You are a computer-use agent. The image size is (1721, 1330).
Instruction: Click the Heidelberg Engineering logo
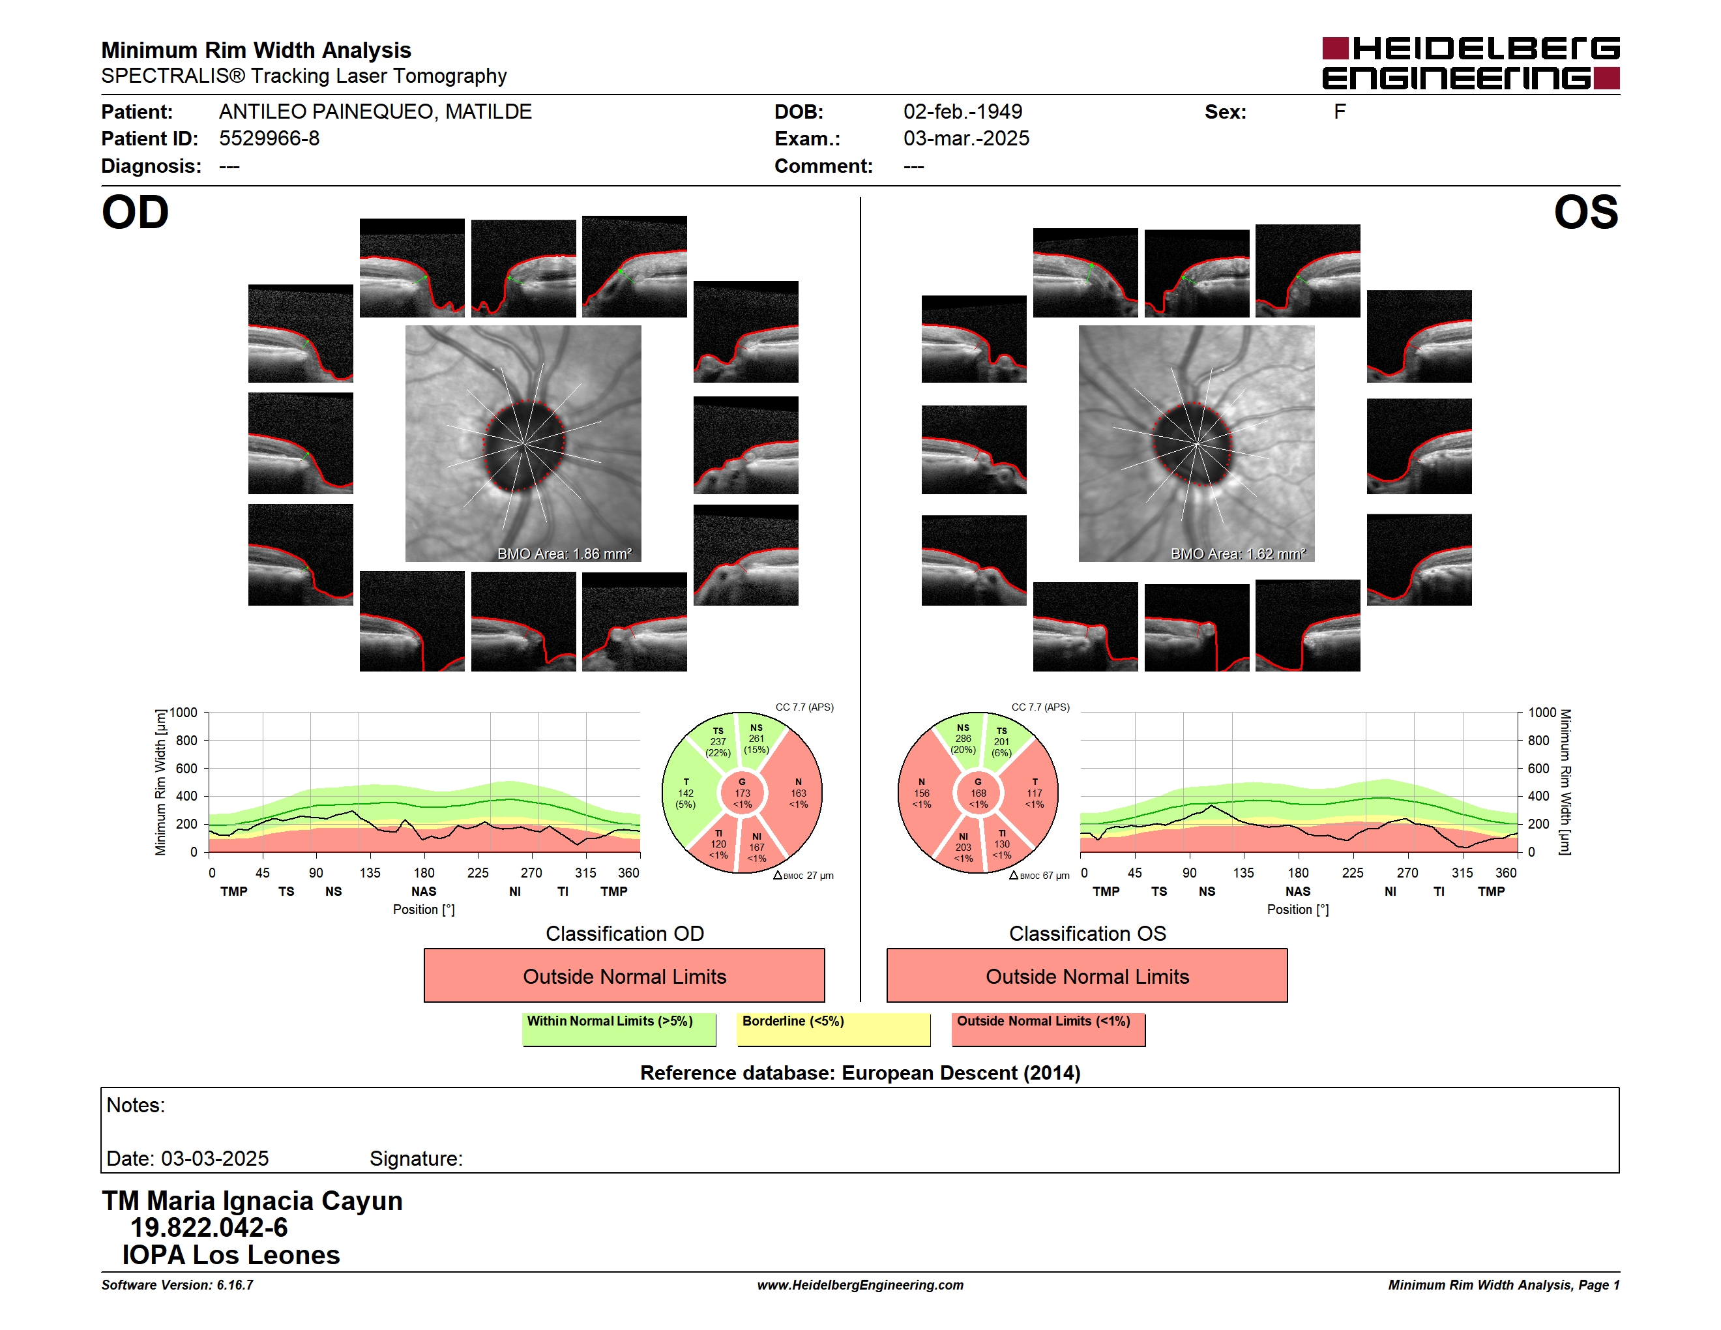[1471, 63]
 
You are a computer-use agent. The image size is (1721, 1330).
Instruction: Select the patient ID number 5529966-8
[269, 139]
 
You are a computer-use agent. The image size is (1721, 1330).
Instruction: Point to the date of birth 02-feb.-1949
[962, 112]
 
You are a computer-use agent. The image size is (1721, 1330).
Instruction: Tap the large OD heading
[136, 213]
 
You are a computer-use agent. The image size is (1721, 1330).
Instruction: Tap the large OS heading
[1585, 213]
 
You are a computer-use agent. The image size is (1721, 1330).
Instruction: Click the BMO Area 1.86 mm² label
[564, 554]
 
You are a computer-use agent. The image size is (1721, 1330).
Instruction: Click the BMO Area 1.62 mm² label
[1238, 554]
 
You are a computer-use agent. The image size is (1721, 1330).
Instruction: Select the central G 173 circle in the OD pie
[743, 793]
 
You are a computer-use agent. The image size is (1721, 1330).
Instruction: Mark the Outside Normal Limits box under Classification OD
[624, 975]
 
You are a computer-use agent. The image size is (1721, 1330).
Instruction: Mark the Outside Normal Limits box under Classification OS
[1087, 975]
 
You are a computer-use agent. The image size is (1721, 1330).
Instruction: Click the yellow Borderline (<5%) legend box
[833, 1029]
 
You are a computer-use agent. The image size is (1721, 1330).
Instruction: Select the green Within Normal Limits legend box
[619, 1029]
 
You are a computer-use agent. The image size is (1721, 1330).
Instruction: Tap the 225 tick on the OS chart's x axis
[1352, 873]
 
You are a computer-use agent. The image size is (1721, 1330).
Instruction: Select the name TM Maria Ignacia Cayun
[252, 1201]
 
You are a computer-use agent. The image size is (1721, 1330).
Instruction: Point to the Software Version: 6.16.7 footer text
[177, 1285]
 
